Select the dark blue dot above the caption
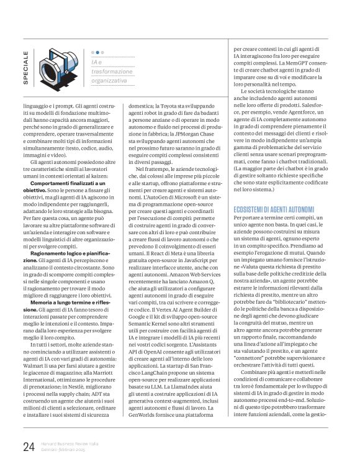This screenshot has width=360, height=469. (93, 53)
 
